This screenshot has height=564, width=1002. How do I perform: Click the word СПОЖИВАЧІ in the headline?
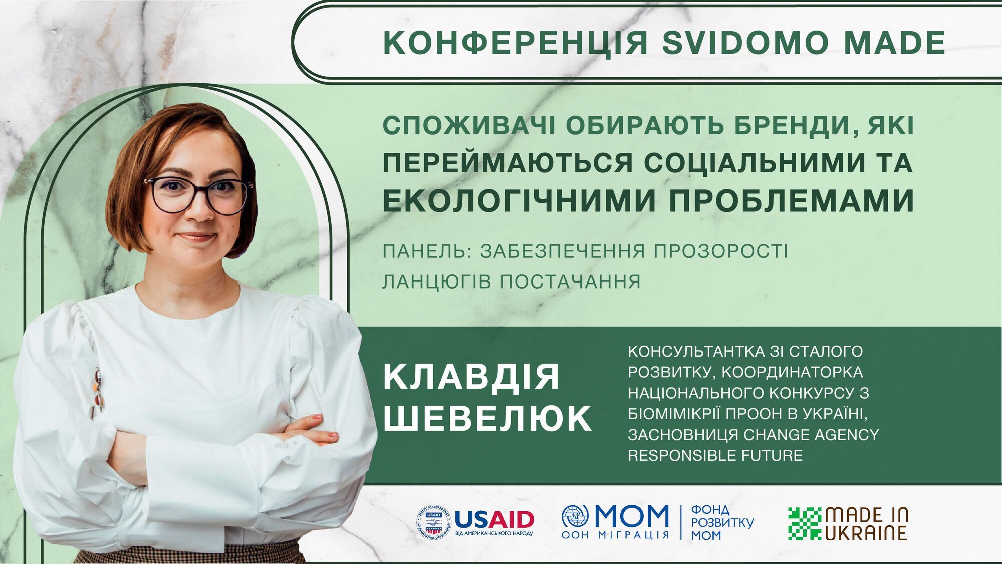pyautogui.click(x=469, y=126)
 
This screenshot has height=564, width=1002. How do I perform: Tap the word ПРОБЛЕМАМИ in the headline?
pyautogui.click(x=791, y=201)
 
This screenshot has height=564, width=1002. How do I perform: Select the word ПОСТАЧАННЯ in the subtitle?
pyautogui.click(x=571, y=281)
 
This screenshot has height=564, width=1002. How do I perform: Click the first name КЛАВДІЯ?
pyautogui.click(x=471, y=377)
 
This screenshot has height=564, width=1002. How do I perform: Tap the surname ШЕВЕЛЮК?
pyautogui.click(x=487, y=418)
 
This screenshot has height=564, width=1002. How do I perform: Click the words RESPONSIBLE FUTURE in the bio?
pyautogui.click(x=715, y=455)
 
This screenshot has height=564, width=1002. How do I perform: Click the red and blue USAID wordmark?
pyautogui.click(x=494, y=519)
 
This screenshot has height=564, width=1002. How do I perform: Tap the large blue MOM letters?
pyautogui.click(x=631, y=516)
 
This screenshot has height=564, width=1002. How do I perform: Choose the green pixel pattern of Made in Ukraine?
pyautogui.click(x=804, y=524)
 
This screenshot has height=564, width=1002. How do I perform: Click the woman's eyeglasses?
pyautogui.click(x=199, y=194)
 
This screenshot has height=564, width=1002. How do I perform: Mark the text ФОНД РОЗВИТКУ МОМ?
pyautogui.click(x=722, y=523)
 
